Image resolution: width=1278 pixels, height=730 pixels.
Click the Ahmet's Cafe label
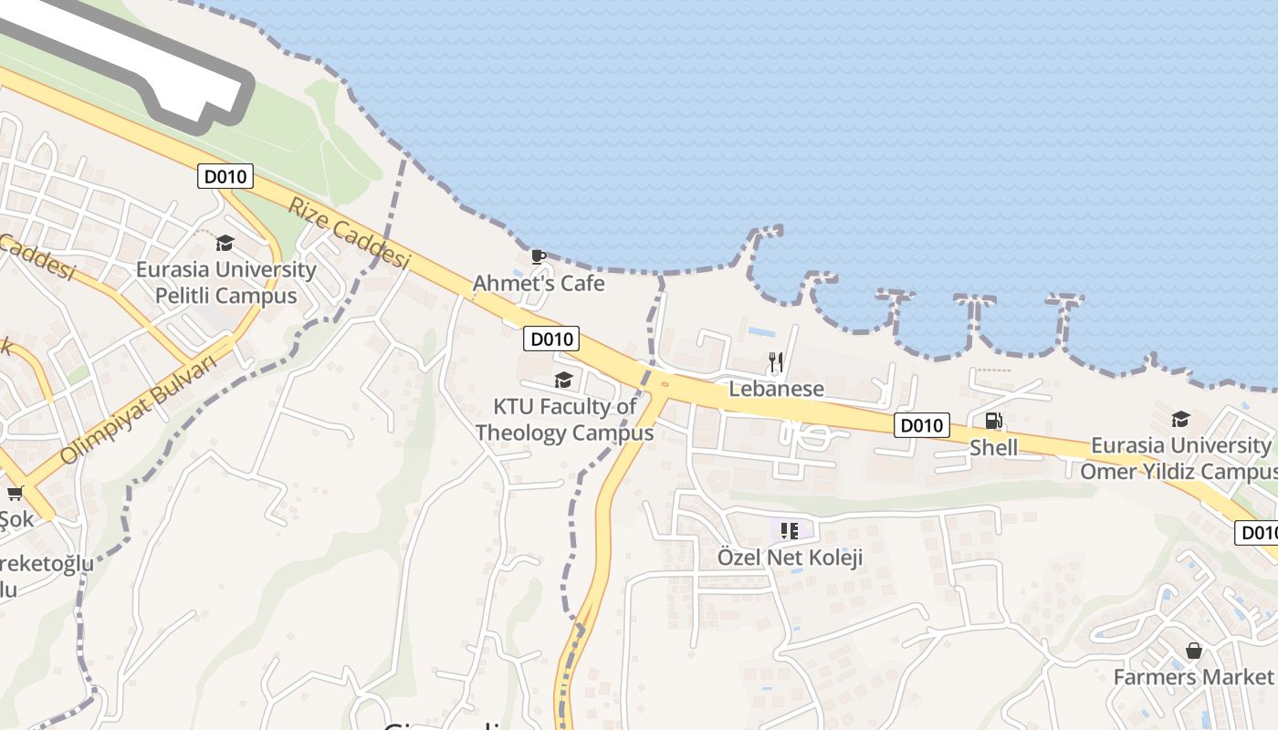coord(539,284)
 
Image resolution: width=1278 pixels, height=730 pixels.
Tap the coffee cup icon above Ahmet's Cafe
coord(539,255)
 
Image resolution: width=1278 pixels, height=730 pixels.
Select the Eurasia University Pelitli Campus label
coord(225,283)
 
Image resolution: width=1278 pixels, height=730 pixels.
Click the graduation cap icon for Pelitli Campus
coord(225,243)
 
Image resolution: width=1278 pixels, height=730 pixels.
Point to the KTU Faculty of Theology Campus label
coord(564,419)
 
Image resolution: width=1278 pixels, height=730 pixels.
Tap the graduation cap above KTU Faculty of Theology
coord(563,380)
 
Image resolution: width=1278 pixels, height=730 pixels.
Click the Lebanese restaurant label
coord(776,389)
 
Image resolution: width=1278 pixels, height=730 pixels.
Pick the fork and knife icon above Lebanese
coord(776,362)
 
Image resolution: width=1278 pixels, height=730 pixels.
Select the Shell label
coord(993,447)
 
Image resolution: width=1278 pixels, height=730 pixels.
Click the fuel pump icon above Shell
coord(993,421)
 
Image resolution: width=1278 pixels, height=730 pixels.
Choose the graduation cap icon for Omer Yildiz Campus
coord(1180,419)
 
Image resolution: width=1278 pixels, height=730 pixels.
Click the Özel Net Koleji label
coord(790,557)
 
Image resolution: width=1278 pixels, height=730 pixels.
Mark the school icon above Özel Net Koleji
coord(790,530)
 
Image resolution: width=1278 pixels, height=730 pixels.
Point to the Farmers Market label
coord(1193,677)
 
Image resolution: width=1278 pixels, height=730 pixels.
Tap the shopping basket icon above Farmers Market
coord(1193,651)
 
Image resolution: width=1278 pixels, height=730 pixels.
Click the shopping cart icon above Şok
coord(15,494)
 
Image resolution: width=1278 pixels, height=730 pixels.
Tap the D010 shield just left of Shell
coord(922,425)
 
